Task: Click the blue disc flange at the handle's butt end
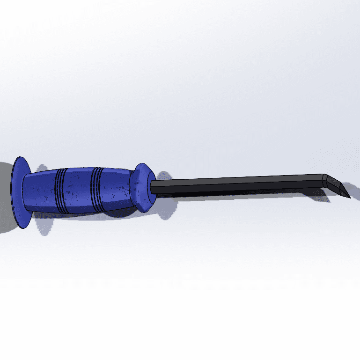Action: [19, 192]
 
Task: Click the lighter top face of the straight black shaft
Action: [234, 179]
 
